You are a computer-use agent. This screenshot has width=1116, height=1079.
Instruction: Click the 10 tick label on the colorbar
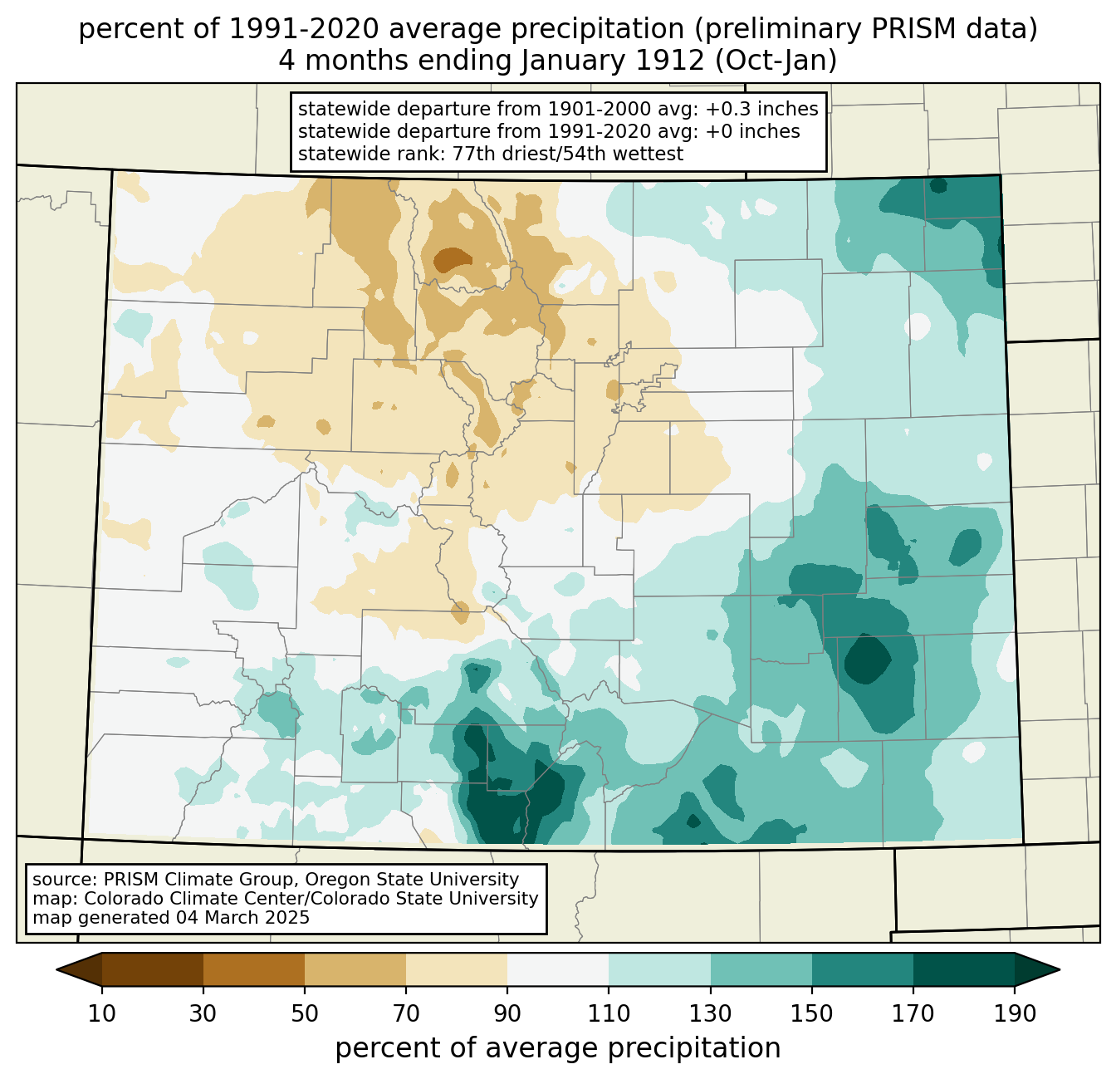point(101,1013)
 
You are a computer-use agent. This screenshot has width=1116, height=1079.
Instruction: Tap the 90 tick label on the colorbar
point(507,1013)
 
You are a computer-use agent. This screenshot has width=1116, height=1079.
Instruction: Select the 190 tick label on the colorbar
point(1015,1013)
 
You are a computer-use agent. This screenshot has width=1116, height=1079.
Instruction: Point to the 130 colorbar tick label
point(710,1013)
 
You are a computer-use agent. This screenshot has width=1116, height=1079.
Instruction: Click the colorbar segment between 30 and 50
point(253,969)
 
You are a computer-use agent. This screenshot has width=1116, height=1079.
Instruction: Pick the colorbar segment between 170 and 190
point(963,969)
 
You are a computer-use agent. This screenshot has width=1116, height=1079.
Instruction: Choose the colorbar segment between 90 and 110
point(558,969)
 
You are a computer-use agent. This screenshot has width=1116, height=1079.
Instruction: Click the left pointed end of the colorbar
point(57,969)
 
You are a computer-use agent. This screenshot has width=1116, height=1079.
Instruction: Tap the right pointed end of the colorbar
point(1059,969)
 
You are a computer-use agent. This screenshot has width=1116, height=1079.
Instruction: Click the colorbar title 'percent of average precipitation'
point(558,1047)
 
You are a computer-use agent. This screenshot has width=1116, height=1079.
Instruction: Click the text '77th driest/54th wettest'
point(568,154)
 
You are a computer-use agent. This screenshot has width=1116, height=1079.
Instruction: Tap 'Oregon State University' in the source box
point(411,880)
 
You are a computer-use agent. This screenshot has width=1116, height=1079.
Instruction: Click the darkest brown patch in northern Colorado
point(452,259)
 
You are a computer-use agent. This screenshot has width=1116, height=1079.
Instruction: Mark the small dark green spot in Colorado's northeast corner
point(938,185)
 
